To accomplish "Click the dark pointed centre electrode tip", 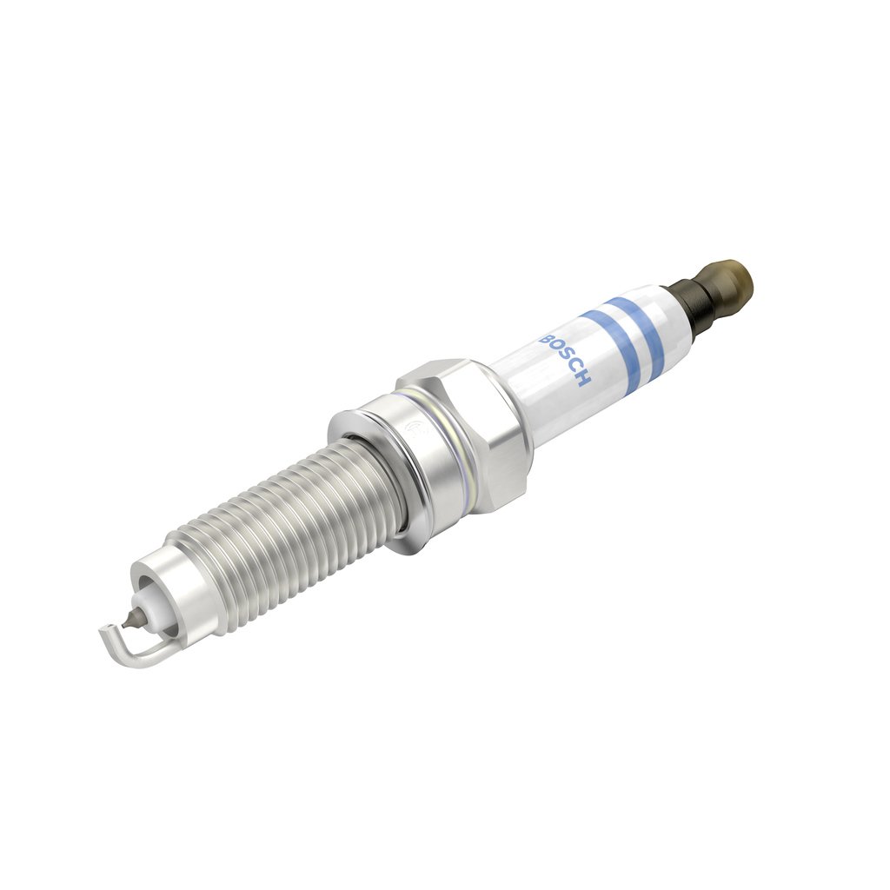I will pos(130,620).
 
